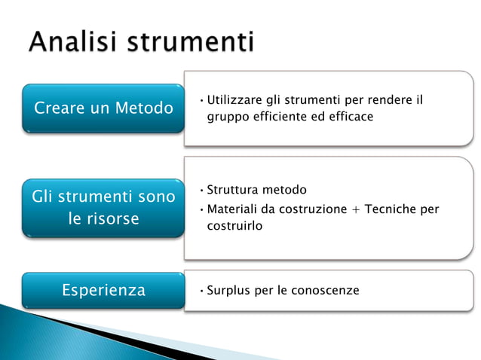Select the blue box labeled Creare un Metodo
[x=103, y=108]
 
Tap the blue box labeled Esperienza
[x=103, y=290]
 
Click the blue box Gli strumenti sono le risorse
[x=103, y=209]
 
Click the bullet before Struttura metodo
[x=201, y=190]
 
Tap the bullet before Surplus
[x=201, y=291]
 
